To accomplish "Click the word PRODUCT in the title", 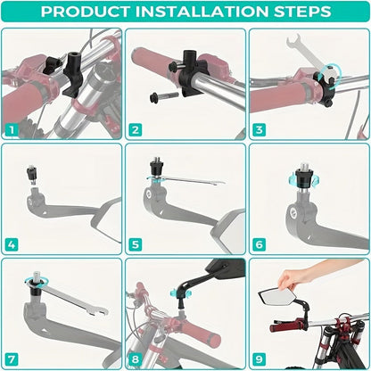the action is click(x=85, y=12).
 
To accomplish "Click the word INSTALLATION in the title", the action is click(x=202, y=12).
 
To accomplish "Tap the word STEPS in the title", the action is click(x=302, y=12).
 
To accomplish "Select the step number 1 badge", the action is click(x=12, y=130).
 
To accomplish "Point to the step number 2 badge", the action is click(x=136, y=130).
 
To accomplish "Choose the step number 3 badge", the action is click(x=259, y=130).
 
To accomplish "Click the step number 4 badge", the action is click(x=12, y=244).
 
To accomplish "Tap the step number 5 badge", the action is click(x=136, y=244).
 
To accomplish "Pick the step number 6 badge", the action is click(x=259, y=244).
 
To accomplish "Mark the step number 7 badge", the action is click(x=12, y=359).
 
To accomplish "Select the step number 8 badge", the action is click(x=136, y=359).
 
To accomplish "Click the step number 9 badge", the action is click(x=259, y=359).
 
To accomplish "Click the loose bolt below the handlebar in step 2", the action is click(x=164, y=95).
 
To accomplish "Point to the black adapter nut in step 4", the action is click(x=32, y=173).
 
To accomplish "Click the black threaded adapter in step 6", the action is click(x=303, y=178).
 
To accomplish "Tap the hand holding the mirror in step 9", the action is click(x=312, y=275).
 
